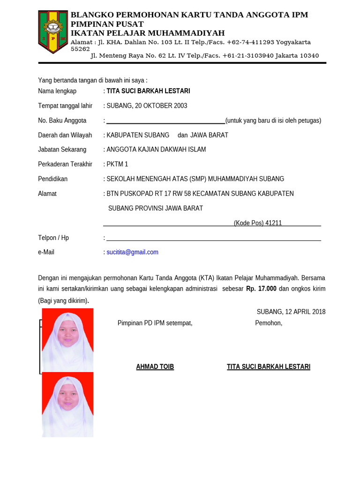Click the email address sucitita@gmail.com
[132, 252]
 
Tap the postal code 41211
[273, 223]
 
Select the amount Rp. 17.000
[261, 289]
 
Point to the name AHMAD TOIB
[155, 367]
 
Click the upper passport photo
[67, 339]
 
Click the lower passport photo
[67, 404]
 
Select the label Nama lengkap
[57, 91]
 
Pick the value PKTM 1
[117, 164]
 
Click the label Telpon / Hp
[53, 238]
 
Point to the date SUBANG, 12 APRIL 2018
[291, 312]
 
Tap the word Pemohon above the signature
[268, 323]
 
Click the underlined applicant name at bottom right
[268, 367]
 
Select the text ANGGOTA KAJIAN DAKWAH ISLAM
[156, 150]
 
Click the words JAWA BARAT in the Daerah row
[209, 135]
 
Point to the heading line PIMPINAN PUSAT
[107, 24]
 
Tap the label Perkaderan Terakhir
[65, 164]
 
